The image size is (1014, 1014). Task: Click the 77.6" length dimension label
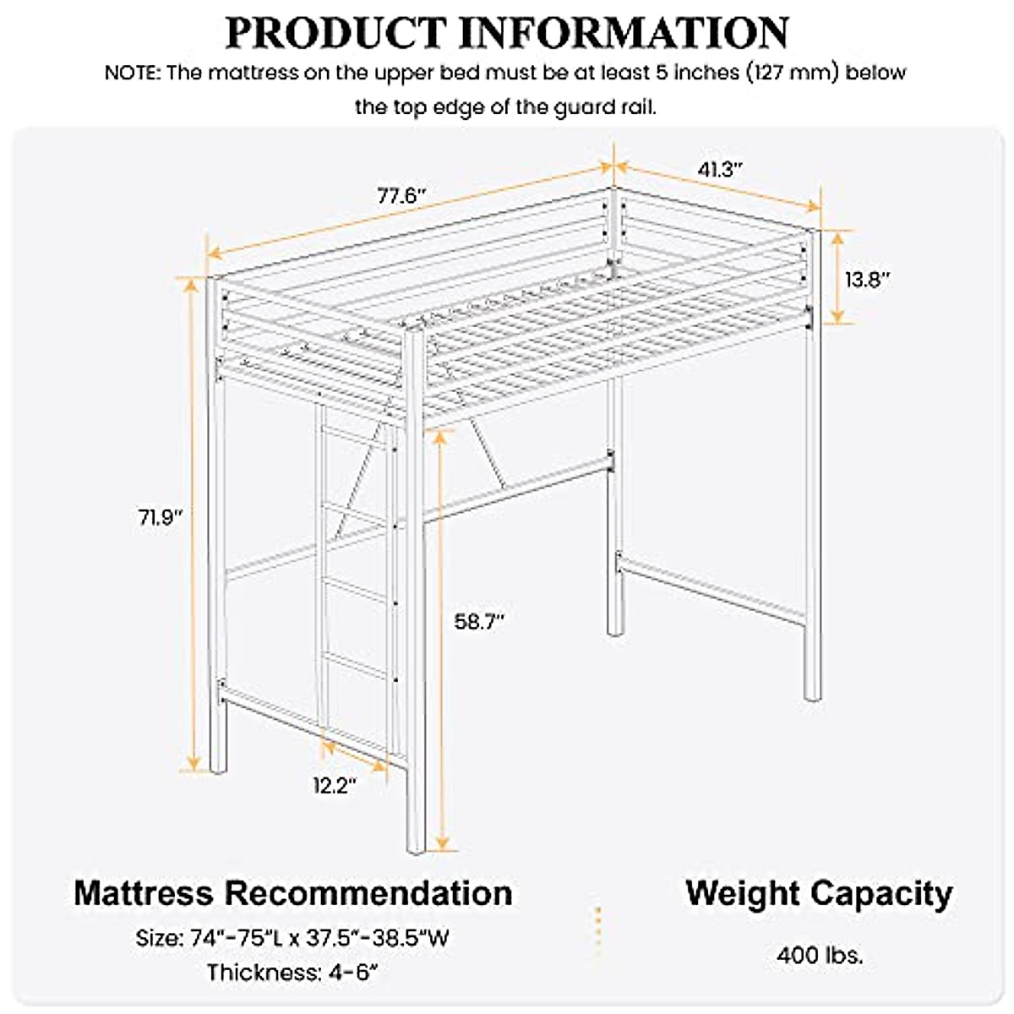[x=401, y=196]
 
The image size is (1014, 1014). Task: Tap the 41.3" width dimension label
[x=720, y=169]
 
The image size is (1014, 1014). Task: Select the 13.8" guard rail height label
[x=869, y=279]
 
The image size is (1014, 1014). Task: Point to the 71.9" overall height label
[x=161, y=516]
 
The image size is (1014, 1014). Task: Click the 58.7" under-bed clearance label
[x=479, y=621]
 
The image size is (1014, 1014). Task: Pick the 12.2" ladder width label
[x=335, y=786]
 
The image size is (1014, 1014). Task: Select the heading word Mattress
[x=144, y=893]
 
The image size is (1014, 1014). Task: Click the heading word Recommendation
[x=368, y=893]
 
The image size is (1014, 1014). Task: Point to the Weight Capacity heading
[x=819, y=893]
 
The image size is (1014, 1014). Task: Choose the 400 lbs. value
[x=820, y=956]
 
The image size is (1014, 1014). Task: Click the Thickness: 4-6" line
[x=292, y=973]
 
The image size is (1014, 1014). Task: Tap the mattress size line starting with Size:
[x=292, y=938]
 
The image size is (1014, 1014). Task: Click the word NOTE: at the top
[x=133, y=73]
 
